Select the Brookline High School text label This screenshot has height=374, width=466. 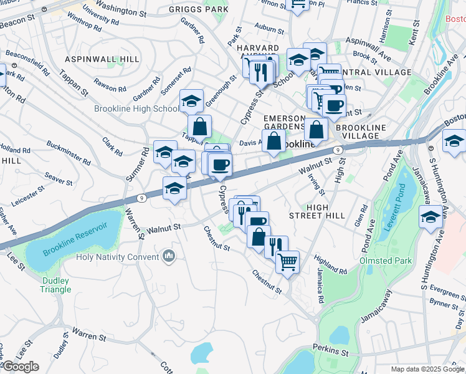pos(136,108)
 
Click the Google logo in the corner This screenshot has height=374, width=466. pos(21,367)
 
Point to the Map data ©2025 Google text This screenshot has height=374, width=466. pos(427,369)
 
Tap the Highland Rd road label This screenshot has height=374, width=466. pos(331,264)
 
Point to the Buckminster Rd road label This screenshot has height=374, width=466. pos(68,155)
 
